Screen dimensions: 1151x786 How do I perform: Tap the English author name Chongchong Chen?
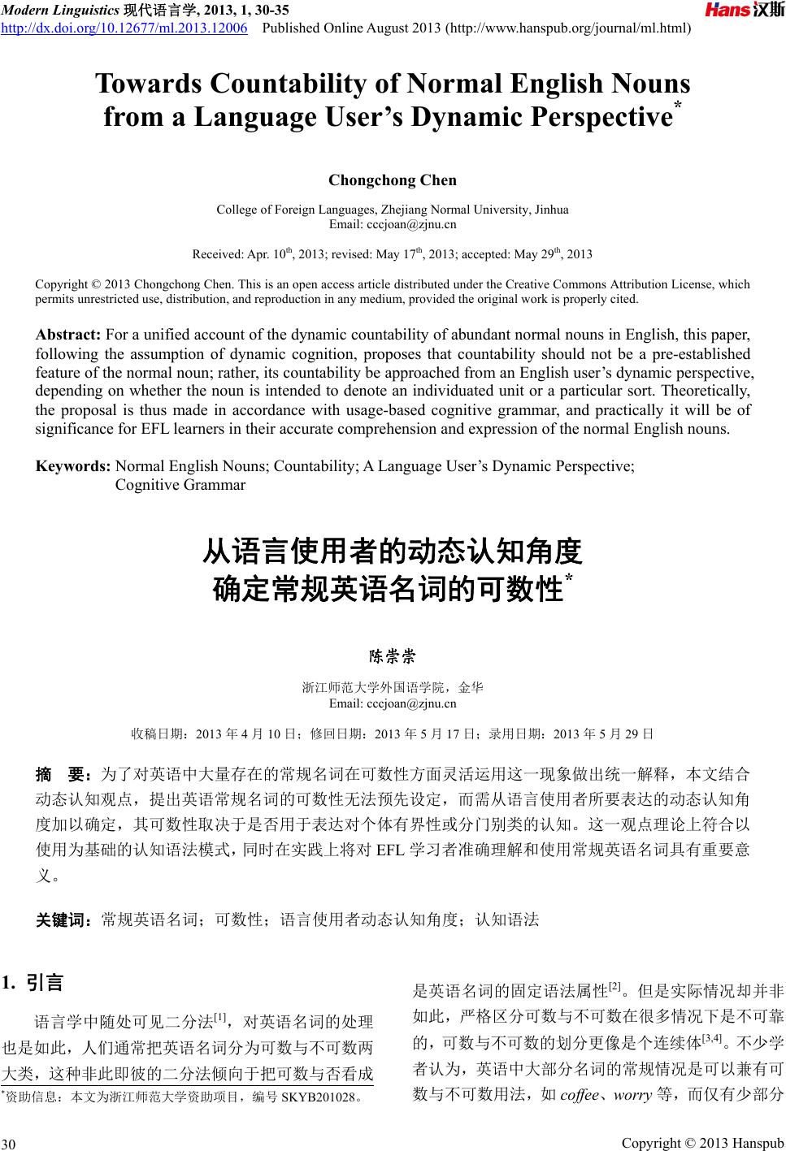pos(393,180)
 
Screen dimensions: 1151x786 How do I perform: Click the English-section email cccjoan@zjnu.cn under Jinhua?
pos(393,224)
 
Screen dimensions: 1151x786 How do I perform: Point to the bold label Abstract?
pos(68,334)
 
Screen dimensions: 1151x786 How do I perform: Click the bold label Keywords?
pos(73,466)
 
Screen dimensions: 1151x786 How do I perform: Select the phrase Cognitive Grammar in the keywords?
pos(180,485)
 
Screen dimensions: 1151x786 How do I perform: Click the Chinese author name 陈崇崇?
pos(393,655)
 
